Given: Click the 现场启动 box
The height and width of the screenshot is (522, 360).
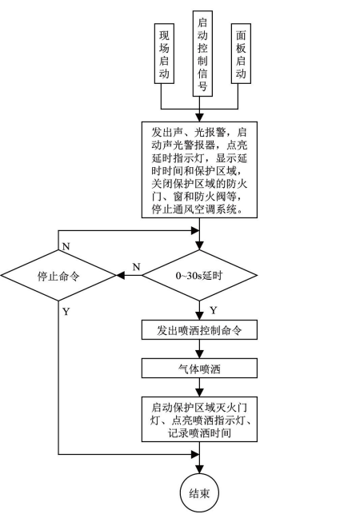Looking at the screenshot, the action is [x=164, y=54].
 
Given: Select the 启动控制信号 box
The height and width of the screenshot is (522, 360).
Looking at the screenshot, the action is [x=202, y=54].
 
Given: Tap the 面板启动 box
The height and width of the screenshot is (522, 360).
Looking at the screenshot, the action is [x=241, y=54].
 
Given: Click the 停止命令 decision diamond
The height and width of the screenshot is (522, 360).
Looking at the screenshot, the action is [x=58, y=276].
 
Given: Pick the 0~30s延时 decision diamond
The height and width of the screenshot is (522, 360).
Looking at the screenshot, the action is [x=199, y=276].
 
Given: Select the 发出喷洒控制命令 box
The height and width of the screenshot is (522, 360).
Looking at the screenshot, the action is [x=199, y=330].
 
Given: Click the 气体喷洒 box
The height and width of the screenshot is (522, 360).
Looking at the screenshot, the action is [x=199, y=369].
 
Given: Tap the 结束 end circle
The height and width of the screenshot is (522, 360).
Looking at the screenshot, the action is [x=199, y=493].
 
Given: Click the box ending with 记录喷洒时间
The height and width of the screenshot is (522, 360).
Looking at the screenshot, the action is [x=199, y=419].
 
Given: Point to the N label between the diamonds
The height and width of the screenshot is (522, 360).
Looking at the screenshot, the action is [x=136, y=267].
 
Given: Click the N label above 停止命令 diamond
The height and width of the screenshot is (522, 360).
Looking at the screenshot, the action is [x=66, y=246].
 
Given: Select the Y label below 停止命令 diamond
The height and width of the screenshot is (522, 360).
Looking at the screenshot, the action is [x=66, y=312].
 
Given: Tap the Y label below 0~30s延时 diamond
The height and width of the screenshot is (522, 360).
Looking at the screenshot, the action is [x=213, y=310].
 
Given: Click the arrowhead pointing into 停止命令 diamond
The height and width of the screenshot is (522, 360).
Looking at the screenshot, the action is [x=120, y=276].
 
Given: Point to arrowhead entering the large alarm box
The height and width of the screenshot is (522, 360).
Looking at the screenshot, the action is [x=199, y=118].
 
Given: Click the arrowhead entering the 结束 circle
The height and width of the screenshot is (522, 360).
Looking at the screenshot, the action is [x=199, y=469].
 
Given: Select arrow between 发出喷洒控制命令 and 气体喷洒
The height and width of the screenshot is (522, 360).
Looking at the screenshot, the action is [x=199, y=349].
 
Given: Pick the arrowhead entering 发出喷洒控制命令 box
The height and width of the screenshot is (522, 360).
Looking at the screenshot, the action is [x=199, y=316].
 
